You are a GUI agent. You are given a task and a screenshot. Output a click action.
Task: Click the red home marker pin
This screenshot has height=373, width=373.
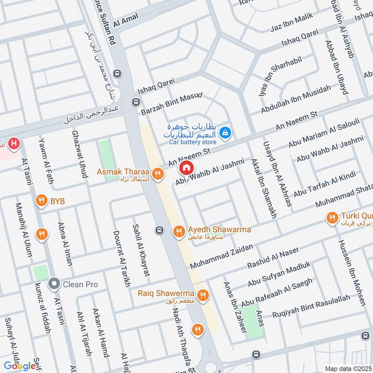pos(186,167)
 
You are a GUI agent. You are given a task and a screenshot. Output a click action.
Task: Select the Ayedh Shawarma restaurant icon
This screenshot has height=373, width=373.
pos(179,231)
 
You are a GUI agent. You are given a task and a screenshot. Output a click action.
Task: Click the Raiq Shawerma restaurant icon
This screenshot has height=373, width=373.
pos(202,295)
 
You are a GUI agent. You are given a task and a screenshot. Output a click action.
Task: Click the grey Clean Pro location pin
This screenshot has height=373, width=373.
pos(54,283)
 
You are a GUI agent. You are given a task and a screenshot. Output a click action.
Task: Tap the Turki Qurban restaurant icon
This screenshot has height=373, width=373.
pos(332,217)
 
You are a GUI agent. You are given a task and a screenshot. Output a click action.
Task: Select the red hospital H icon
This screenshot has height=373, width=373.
pos(14,144)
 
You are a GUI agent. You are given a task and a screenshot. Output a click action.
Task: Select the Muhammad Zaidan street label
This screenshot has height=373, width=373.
pos(221,256)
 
